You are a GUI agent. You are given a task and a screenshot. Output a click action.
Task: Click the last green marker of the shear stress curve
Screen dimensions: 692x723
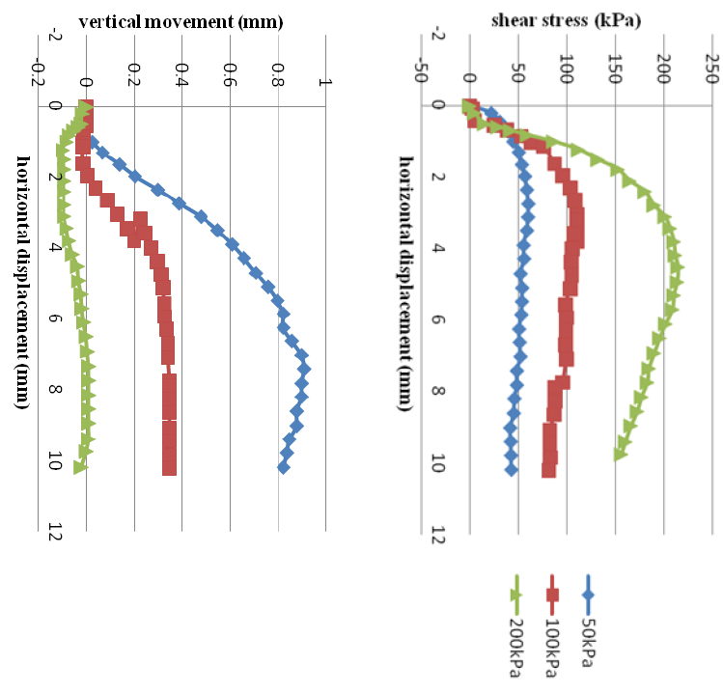[x=620, y=454]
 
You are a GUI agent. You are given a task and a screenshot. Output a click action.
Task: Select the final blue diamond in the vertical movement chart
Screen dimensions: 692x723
[x=284, y=467]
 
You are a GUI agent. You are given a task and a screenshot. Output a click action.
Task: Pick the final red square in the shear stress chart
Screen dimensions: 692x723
[x=548, y=471]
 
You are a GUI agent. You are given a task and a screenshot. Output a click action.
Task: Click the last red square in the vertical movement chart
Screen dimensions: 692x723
[x=170, y=469]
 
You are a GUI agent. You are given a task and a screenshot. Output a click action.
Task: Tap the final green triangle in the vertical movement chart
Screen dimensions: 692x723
[x=79, y=467]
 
